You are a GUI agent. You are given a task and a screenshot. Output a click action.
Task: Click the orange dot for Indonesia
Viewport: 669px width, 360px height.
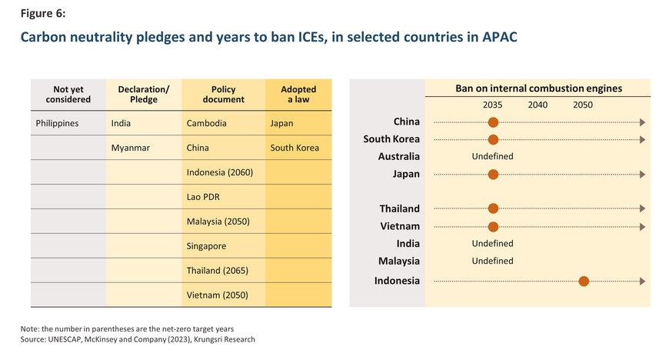tap(584, 281)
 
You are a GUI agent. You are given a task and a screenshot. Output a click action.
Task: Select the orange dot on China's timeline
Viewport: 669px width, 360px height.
tap(493, 122)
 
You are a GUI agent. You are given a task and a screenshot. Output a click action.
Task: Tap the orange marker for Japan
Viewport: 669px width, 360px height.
tap(493, 174)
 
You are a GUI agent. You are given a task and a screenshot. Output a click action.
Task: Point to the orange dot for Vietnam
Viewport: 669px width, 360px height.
tap(493, 226)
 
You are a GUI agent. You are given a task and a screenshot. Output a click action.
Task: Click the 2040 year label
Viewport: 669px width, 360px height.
tap(538, 105)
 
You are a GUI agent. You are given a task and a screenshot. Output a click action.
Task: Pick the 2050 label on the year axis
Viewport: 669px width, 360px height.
tap(583, 105)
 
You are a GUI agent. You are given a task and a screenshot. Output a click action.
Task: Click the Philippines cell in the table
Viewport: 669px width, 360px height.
tap(58, 123)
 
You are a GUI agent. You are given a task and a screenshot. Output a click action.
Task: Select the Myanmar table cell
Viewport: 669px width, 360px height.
tap(128, 148)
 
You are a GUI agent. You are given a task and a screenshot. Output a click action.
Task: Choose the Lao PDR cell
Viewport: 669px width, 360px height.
tap(204, 197)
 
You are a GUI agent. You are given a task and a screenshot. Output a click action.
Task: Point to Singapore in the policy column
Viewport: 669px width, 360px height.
tap(207, 246)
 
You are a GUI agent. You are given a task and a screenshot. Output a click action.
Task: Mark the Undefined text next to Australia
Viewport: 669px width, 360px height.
tap(492, 157)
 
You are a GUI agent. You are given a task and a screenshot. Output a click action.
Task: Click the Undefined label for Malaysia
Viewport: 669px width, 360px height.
tap(492, 261)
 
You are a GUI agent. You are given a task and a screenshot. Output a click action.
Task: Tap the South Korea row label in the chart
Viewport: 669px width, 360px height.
tap(391, 139)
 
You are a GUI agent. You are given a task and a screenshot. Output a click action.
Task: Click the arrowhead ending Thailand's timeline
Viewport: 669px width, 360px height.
tap(642, 208)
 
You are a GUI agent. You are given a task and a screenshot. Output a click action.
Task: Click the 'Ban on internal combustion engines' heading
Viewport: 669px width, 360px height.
tap(538, 88)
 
